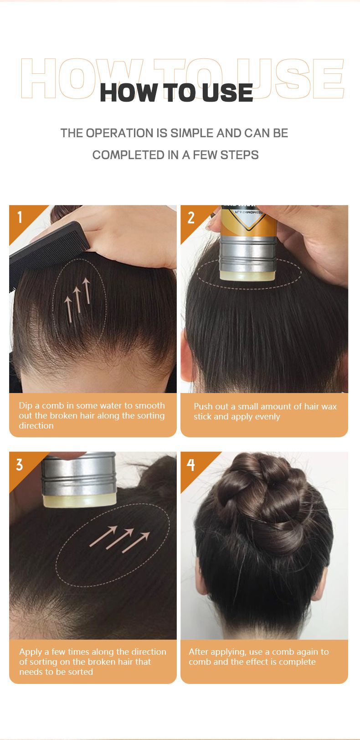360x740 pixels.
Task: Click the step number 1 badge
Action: tap(20, 217)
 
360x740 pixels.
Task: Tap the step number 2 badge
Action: tap(191, 217)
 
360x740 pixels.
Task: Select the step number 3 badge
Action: tap(20, 465)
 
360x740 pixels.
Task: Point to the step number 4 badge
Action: tap(190, 465)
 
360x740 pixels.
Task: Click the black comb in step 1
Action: tap(46, 254)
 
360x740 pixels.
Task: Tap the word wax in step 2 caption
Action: tap(329, 407)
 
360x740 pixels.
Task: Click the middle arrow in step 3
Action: tap(119, 538)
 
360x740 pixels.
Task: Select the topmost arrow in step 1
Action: tap(87, 291)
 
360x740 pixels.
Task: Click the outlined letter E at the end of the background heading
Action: tap(329, 78)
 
